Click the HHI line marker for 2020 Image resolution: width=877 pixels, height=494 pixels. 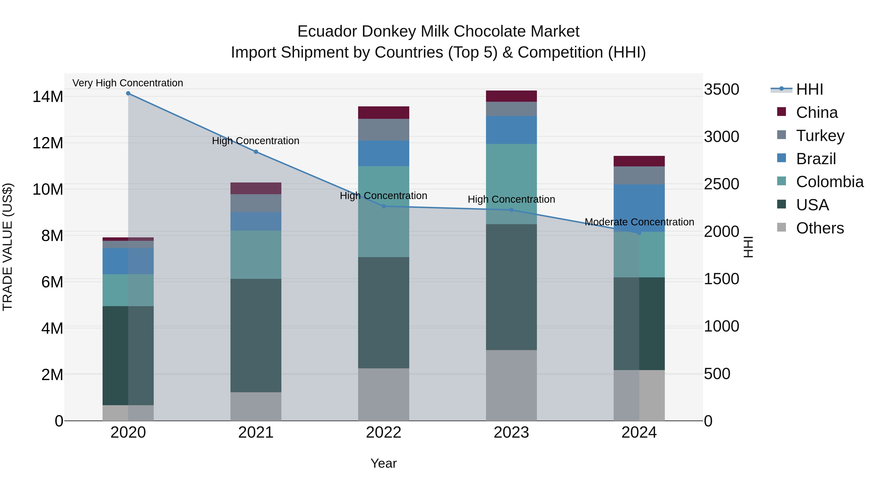point(128,93)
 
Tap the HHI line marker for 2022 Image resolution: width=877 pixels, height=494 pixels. point(383,206)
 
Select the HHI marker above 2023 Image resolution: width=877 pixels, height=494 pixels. point(511,210)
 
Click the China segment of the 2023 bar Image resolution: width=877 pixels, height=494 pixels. point(511,96)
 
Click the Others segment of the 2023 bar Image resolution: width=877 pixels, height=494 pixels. point(511,385)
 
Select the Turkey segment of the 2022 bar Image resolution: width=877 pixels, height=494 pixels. point(383,130)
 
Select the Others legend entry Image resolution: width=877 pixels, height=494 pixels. point(820,228)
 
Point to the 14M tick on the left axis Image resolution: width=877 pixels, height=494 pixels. point(48,96)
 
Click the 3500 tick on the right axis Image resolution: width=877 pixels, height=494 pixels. point(721,89)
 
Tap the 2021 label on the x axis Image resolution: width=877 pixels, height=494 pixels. point(256,433)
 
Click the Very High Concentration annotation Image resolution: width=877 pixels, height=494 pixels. point(128,83)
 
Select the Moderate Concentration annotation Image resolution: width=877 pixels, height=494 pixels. point(639,222)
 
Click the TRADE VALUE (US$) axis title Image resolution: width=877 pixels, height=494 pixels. point(8,247)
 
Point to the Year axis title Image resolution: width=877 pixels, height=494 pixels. point(383,463)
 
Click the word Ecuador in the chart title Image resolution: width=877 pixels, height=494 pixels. point(327,31)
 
